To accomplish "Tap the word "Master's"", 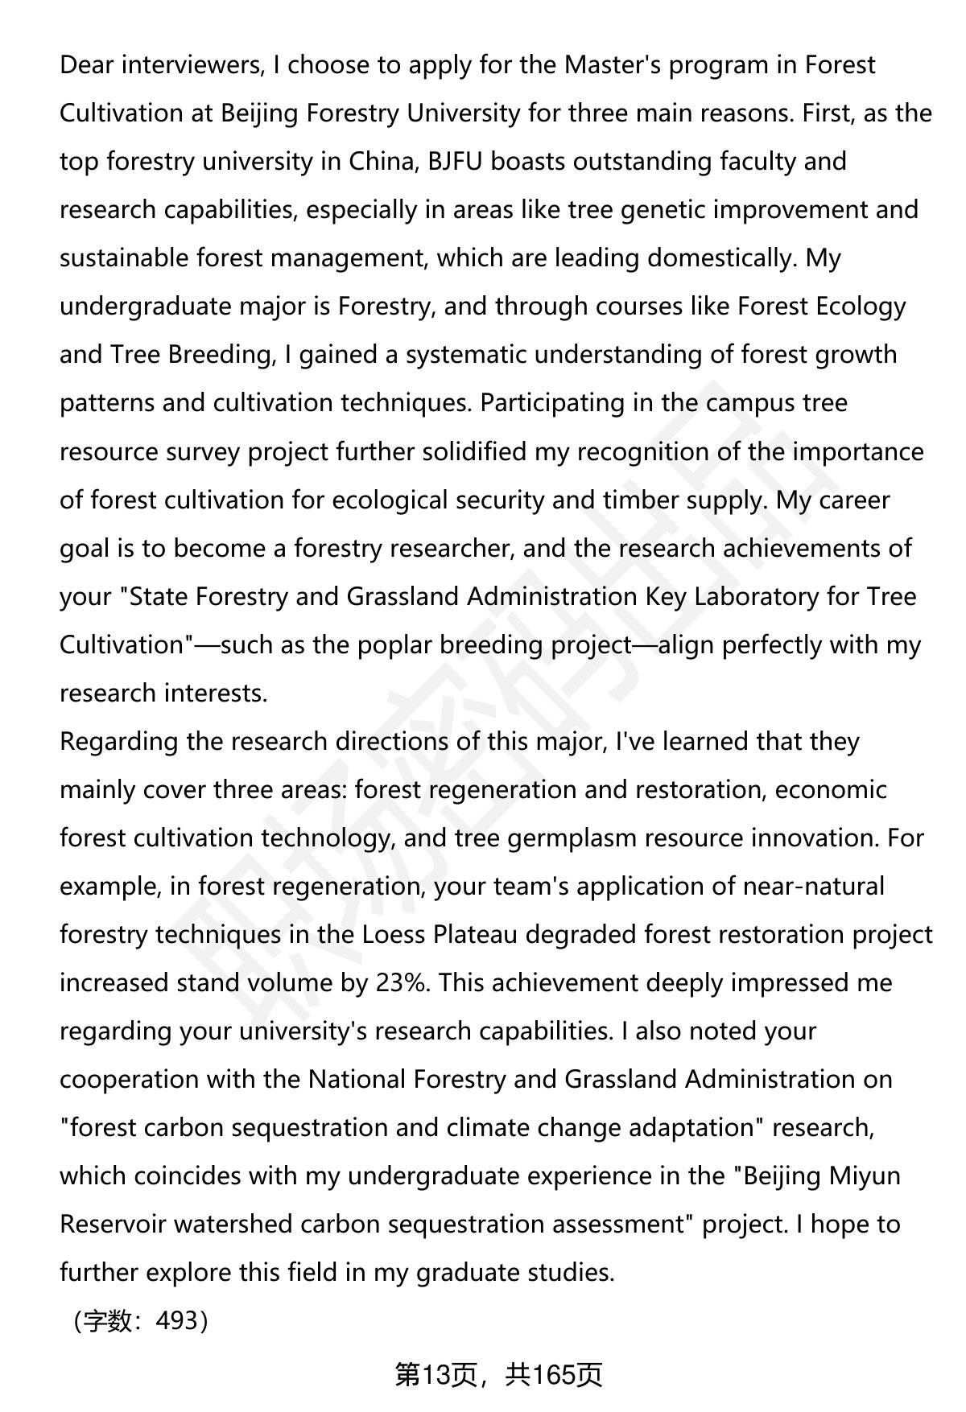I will click(613, 65).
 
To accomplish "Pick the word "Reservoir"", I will click(113, 1224).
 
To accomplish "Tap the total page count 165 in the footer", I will click(555, 1375).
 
